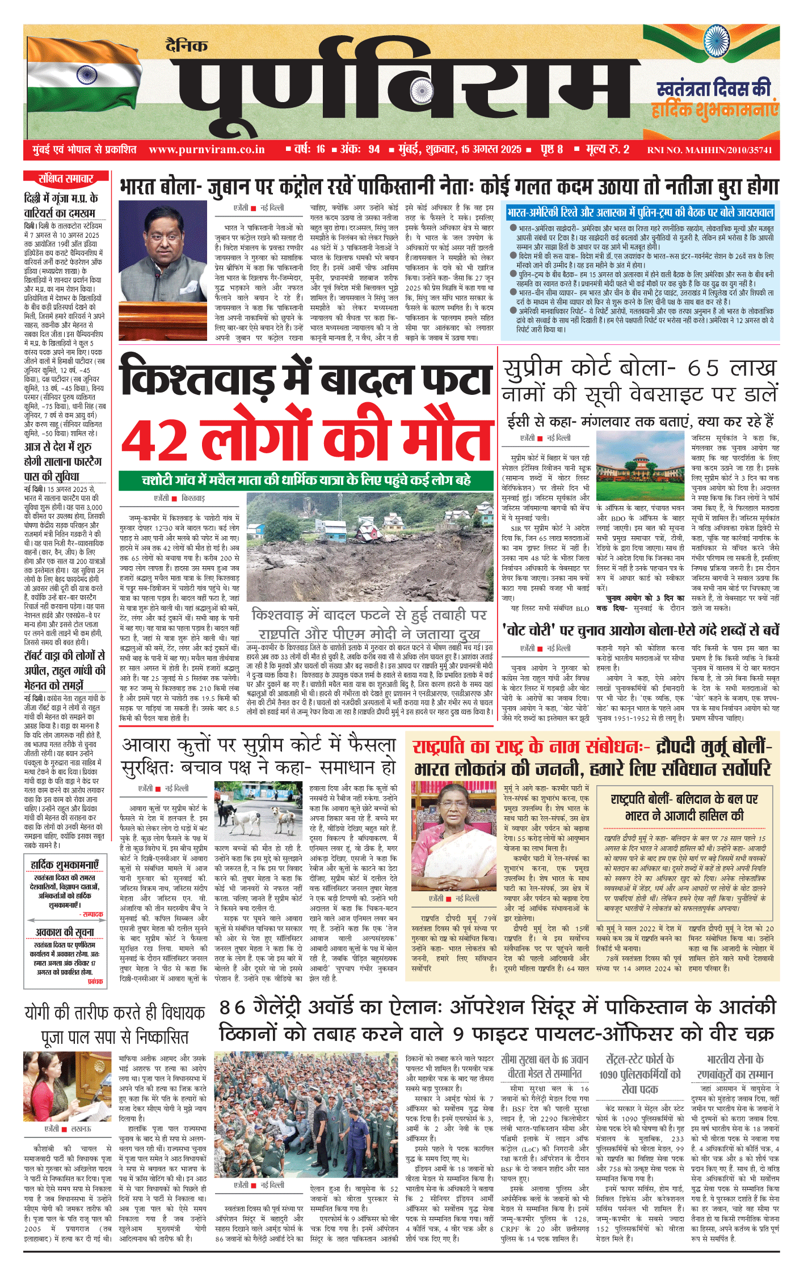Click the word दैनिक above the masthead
click(187, 45)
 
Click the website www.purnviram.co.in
click(207, 150)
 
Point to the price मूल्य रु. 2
click(607, 150)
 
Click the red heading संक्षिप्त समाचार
click(66, 179)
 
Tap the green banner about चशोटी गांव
click(306, 480)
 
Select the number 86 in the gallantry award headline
click(233, 1007)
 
